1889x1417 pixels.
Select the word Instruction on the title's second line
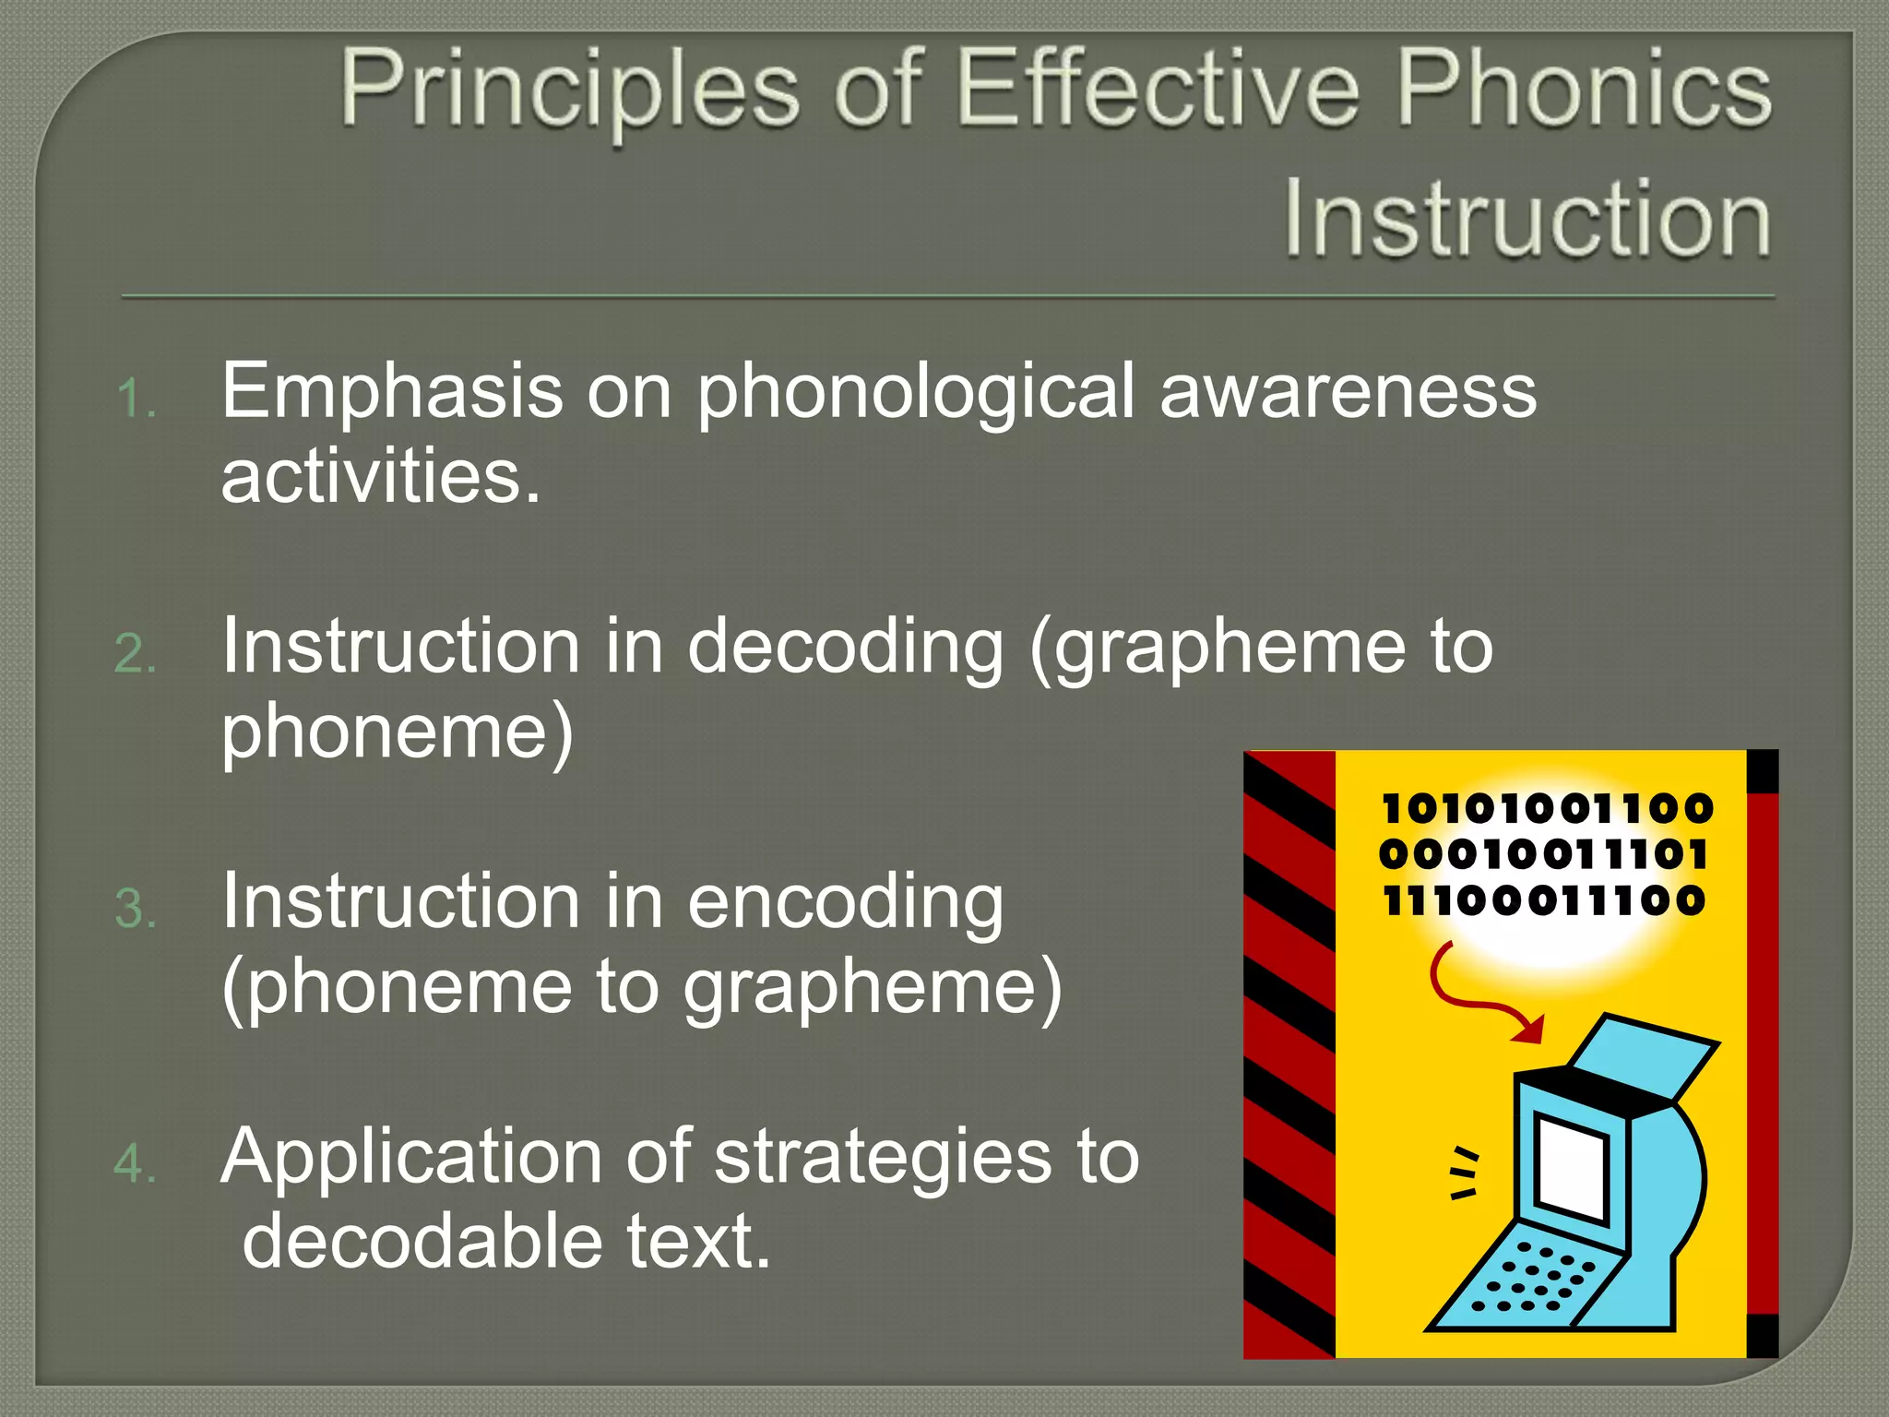coord(1527,219)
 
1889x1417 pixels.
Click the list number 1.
coord(136,399)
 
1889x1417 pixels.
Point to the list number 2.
coord(136,654)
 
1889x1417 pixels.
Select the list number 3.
coord(136,909)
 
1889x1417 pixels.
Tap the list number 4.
coord(136,1163)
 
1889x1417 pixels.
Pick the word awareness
coord(1348,392)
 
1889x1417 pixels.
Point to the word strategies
coord(882,1159)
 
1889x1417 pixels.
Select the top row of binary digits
coord(1546,809)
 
